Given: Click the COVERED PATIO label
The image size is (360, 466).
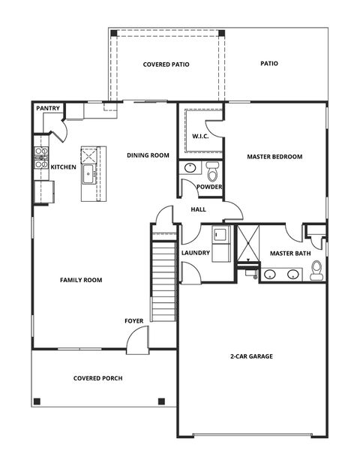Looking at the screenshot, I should [166, 65].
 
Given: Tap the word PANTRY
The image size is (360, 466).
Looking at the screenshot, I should [48, 109].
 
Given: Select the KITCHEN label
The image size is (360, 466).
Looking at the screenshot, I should [63, 167].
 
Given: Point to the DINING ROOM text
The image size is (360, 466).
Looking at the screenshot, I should [148, 155].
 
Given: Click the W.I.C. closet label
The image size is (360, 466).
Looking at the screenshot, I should [200, 137].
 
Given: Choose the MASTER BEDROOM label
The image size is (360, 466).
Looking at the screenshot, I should [274, 157].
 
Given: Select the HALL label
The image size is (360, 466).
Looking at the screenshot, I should [199, 209].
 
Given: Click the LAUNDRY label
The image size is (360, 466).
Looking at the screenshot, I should [195, 253].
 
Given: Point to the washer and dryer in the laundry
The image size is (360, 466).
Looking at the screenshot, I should [220, 245].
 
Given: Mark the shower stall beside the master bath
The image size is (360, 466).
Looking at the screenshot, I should [247, 244].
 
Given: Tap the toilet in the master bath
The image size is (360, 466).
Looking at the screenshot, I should [316, 269].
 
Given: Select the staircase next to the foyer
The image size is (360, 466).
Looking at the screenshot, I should [163, 277].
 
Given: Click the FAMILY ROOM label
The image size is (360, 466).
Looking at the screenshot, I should [81, 280].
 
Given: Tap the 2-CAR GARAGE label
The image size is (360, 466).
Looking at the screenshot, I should [250, 356].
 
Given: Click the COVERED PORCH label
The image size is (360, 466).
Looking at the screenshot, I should [97, 378].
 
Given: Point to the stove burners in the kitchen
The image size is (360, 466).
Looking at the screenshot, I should [40, 158].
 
